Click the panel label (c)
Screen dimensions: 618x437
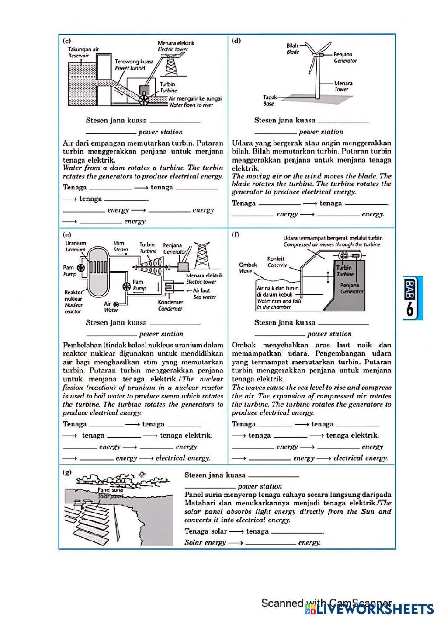coord(67,41)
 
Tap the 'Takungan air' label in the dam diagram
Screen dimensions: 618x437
coord(83,49)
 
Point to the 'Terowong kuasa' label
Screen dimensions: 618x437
coord(134,62)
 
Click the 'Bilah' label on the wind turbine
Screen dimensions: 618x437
coord(292,45)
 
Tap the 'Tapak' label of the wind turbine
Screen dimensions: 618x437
coord(269,98)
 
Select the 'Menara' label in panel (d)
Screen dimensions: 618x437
coord(343,83)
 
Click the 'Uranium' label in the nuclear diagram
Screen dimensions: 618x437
coord(76,243)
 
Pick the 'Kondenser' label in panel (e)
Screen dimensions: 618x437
coord(170,302)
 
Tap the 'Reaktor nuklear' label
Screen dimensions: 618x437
coord(73,296)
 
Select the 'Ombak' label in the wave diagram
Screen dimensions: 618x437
coord(248,265)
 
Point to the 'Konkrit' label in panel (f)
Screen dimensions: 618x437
coord(276,259)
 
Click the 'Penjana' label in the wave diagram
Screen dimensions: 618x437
coord(349,285)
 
